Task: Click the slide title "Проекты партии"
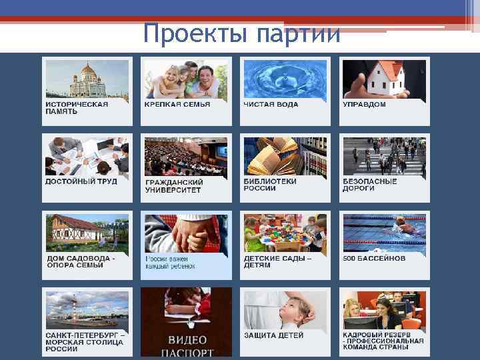tap(242, 33)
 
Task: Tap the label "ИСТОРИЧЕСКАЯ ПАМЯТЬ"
tap(76, 107)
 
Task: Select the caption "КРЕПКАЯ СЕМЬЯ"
tap(177, 104)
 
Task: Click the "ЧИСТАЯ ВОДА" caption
tap(271, 104)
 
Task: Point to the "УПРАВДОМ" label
tap(364, 104)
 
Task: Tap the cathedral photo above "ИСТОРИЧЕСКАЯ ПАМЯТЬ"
tap(87, 79)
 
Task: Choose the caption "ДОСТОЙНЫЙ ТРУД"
tap(81, 181)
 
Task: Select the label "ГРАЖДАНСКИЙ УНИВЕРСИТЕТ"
tap(173, 185)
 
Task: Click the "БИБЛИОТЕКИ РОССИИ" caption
tap(269, 185)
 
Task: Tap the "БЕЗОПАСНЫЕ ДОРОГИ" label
tap(369, 185)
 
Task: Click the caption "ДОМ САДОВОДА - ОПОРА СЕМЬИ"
tap(81, 261)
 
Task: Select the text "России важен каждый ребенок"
tap(171, 262)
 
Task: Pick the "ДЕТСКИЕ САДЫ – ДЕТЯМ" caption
tap(277, 261)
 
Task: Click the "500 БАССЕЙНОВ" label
tap(374, 258)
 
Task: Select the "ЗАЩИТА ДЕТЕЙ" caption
tap(273, 335)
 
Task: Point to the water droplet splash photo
tap(285, 78)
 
